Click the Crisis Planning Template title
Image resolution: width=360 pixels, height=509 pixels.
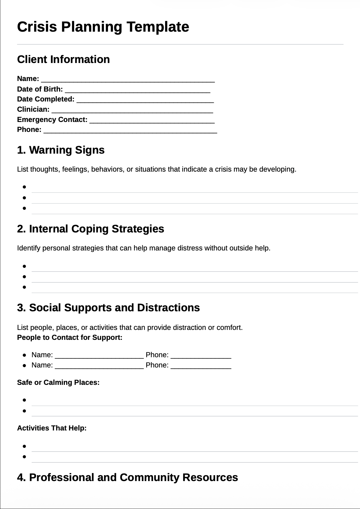[103, 27]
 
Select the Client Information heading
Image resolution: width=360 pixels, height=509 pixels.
[63, 59]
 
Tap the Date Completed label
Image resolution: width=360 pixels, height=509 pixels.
[46, 99]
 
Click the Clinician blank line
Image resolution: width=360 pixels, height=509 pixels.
[132, 110]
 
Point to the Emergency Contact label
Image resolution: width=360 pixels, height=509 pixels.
[52, 120]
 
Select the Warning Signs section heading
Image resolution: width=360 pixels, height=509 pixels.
[61, 150]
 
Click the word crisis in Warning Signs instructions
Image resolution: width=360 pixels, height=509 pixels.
[223, 169]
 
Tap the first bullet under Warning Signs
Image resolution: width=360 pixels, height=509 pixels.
[24, 187]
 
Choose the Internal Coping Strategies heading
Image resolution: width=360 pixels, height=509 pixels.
[91, 229]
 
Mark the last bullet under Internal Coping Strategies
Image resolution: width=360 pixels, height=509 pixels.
[24, 287]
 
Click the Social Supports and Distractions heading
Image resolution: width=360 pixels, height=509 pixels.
[108, 308]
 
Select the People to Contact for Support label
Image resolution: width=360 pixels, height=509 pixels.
[70, 338]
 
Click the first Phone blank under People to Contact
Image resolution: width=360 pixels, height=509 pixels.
[201, 355]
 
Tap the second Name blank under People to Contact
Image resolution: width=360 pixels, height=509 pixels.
[99, 366]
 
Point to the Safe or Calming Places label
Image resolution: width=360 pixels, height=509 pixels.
[58, 383]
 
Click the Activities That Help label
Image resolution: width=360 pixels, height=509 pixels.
[52, 428]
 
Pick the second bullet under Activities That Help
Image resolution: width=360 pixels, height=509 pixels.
[24, 457]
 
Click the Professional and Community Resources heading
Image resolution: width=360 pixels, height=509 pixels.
[128, 477]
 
